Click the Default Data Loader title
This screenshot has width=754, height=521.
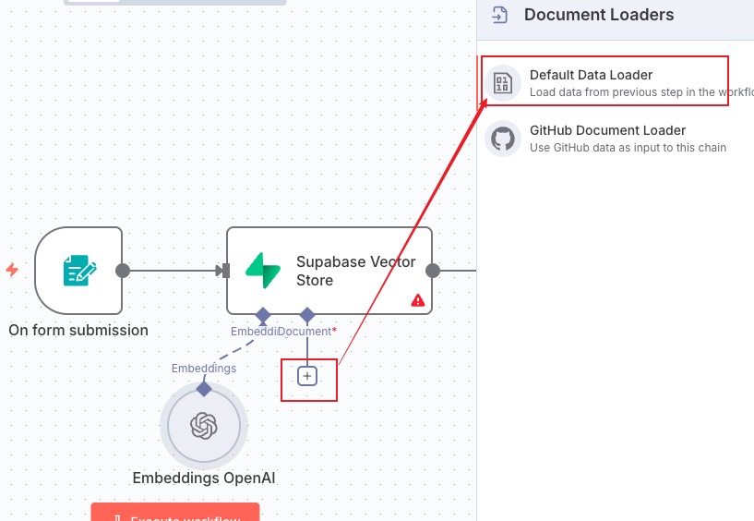coord(591,75)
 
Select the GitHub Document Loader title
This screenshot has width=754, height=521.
coord(607,130)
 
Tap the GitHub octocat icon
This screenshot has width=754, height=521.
coord(503,139)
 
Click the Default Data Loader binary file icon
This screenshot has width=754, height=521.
coord(503,84)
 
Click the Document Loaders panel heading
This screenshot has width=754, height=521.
coord(599,15)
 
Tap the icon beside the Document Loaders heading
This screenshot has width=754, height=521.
coord(500,15)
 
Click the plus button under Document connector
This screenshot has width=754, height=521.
coord(308,376)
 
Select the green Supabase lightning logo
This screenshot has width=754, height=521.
coord(263,271)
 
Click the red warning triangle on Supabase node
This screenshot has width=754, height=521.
coord(418,300)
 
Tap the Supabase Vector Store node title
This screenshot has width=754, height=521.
coord(355,271)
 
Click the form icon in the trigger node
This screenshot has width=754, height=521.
coord(78,271)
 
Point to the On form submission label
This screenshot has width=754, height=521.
coord(78,330)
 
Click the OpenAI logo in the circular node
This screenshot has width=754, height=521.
coord(203,425)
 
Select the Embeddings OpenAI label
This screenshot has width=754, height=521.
coord(203,478)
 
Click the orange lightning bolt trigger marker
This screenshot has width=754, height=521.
coord(12,270)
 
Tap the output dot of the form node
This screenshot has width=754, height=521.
coord(123,271)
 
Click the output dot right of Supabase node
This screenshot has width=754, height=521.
coord(433,271)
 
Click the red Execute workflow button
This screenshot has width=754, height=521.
coord(175,514)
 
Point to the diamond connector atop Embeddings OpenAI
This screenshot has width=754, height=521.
coord(204,389)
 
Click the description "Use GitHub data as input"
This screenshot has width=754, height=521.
coord(628,148)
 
